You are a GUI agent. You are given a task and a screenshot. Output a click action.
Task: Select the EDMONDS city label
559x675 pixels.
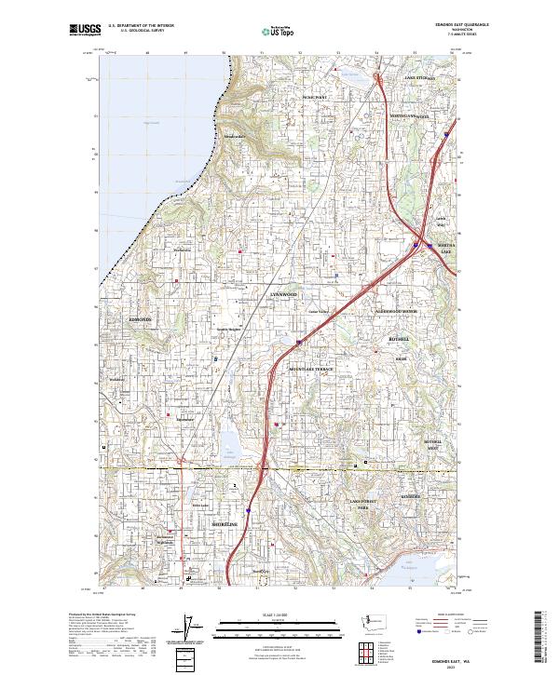pos(139,318)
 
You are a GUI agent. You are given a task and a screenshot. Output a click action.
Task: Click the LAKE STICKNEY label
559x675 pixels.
pos(420,79)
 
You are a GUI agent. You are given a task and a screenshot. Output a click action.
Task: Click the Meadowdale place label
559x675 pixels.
pos(233,137)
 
